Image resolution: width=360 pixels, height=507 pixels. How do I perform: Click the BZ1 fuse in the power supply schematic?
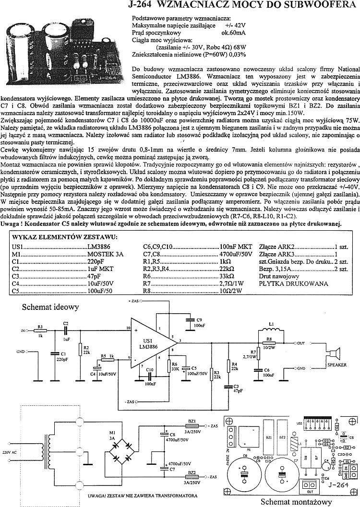click(192, 425)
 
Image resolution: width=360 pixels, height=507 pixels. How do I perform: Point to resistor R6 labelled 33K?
click(169, 366)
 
